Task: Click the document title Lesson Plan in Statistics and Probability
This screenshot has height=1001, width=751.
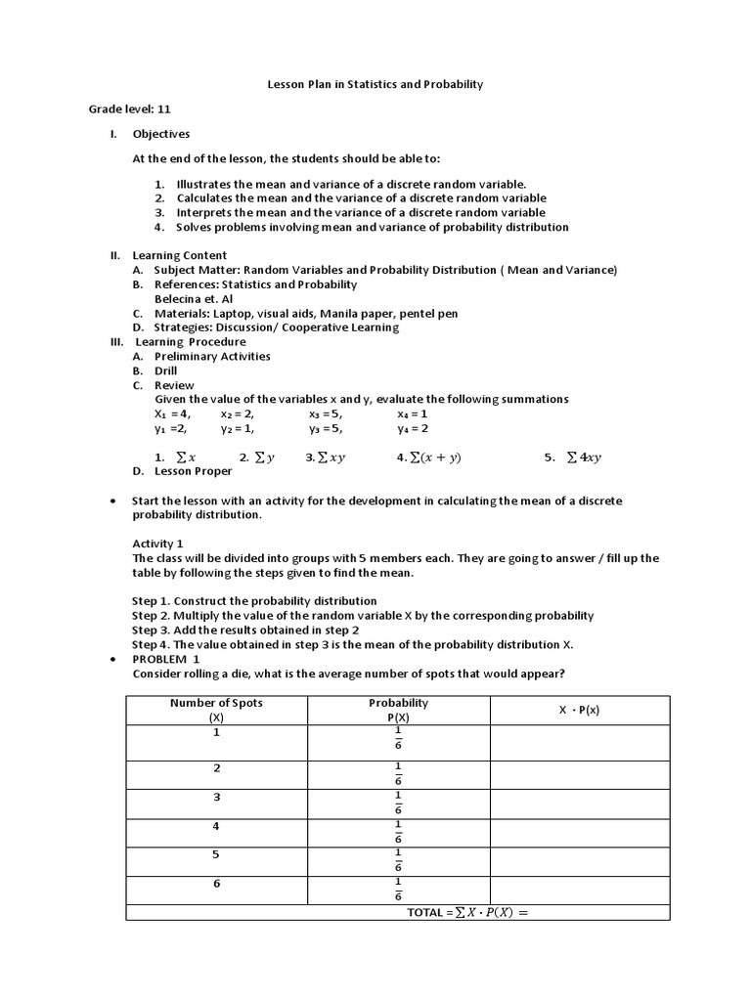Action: (375, 85)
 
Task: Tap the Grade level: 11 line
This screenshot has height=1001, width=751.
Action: (130, 109)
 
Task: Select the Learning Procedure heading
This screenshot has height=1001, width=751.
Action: (191, 342)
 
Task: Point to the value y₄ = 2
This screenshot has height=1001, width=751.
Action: (413, 428)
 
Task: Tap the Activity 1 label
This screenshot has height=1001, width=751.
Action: (157, 544)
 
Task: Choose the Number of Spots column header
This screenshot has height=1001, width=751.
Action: (216, 710)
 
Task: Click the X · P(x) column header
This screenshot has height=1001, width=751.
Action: (579, 710)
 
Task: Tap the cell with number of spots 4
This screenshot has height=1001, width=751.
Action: (216, 826)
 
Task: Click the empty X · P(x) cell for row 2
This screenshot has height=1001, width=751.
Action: (579, 774)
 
